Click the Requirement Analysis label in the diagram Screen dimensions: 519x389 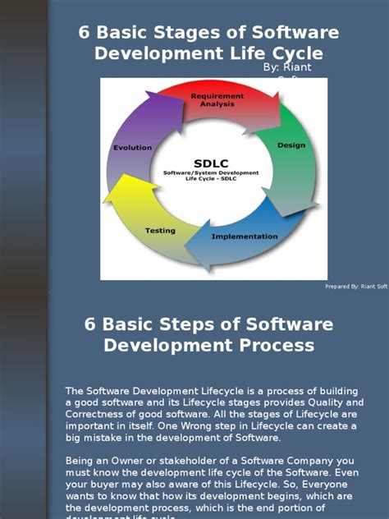pos(217,100)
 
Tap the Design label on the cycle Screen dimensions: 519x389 pos(291,145)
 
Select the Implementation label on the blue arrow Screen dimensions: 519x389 pos(245,237)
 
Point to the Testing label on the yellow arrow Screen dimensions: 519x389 pos(161,231)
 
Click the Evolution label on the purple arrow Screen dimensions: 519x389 pos(131,148)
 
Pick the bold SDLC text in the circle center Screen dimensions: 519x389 pos(211,163)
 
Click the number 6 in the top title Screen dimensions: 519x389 pos(83,33)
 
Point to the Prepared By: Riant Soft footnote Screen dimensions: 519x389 pos(356,287)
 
